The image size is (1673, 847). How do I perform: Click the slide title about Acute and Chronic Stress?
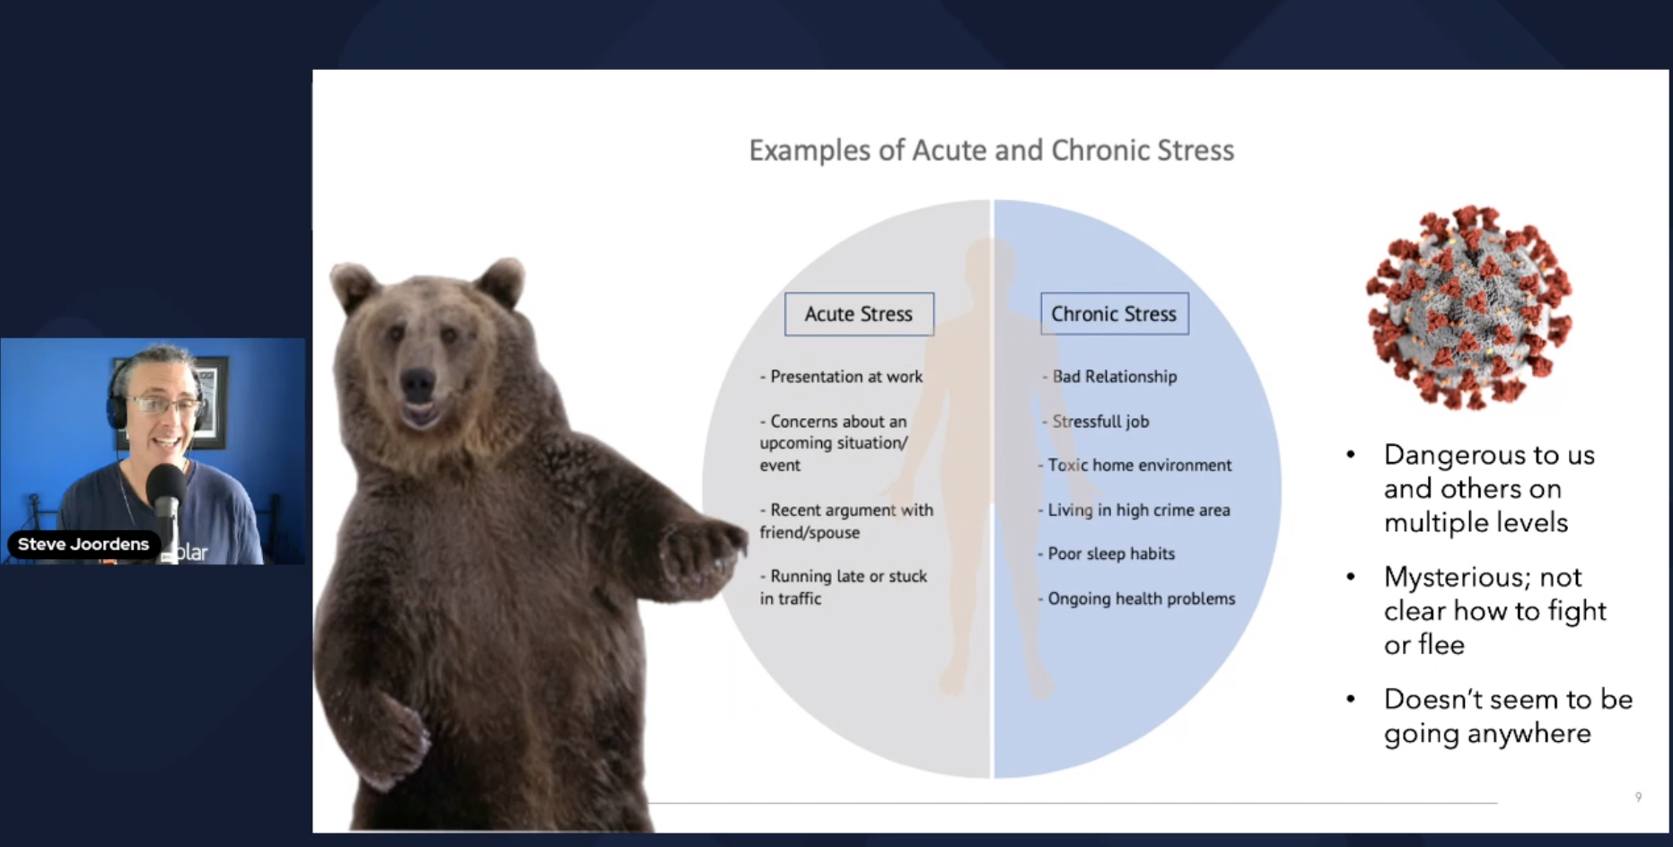click(x=992, y=150)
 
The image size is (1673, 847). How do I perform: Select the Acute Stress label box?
click(x=859, y=314)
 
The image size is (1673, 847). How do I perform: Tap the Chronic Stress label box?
click(x=1115, y=314)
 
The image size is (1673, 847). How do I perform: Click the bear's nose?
click(x=416, y=383)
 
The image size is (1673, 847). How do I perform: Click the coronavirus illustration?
click(x=1468, y=306)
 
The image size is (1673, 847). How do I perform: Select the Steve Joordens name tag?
click(x=83, y=544)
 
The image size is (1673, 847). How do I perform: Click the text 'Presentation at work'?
click(x=841, y=377)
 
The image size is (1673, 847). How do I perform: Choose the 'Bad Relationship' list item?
click(x=1110, y=377)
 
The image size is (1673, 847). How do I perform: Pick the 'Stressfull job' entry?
click(x=1096, y=421)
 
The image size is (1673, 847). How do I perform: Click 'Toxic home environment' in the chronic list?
click(x=1135, y=465)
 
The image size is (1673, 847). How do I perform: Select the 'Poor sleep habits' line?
click(x=1107, y=554)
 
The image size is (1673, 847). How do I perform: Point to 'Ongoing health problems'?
click(x=1137, y=598)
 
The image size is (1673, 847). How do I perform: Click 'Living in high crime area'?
click(x=1134, y=510)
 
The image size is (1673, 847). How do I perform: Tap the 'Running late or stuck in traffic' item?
click(x=844, y=587)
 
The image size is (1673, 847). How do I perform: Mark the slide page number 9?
click(x=1639, y=797)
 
